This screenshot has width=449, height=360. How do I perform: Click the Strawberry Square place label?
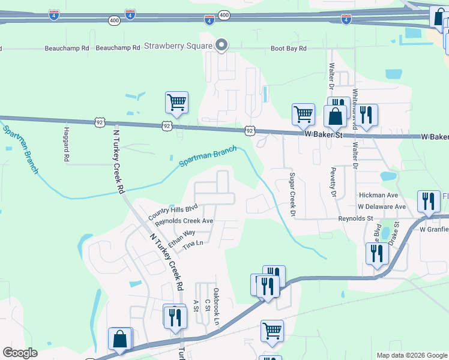click(x=179, y=46)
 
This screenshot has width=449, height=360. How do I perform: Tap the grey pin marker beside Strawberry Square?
click(x=221, y=45)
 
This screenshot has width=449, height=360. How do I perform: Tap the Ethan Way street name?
click(x=182, y=238)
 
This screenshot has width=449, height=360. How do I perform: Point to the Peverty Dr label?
click(x=331, y=181)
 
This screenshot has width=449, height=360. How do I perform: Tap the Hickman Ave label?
click(x=378, y=196)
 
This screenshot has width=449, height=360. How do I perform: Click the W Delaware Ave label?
click(x=382, y=206)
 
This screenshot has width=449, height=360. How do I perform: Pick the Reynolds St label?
click(x=356, y=219)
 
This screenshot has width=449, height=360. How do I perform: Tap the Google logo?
click(x=20, y=353)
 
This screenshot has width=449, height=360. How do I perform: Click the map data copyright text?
click(x=412, y=355)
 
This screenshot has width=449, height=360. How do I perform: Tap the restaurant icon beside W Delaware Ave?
click(x=427, y=201)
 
